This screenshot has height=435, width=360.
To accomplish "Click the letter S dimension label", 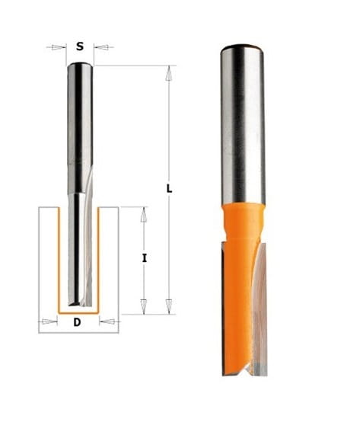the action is (x=80, y=46).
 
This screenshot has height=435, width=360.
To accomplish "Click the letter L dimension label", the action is (x=169, y=189).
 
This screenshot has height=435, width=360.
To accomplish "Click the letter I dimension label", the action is (x=144, y=258).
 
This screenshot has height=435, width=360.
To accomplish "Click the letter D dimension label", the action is (x=78, y=322).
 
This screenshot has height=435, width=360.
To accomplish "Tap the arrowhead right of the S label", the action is (x=100, y=47).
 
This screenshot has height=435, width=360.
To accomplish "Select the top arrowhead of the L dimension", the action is (x=168, y=73).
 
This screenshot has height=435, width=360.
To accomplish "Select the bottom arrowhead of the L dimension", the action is (x=168, y=307).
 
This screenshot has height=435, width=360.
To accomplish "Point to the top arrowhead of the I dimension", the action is (x=143, y=214).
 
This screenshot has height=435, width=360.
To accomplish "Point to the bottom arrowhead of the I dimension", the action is (x=144, y=307).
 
